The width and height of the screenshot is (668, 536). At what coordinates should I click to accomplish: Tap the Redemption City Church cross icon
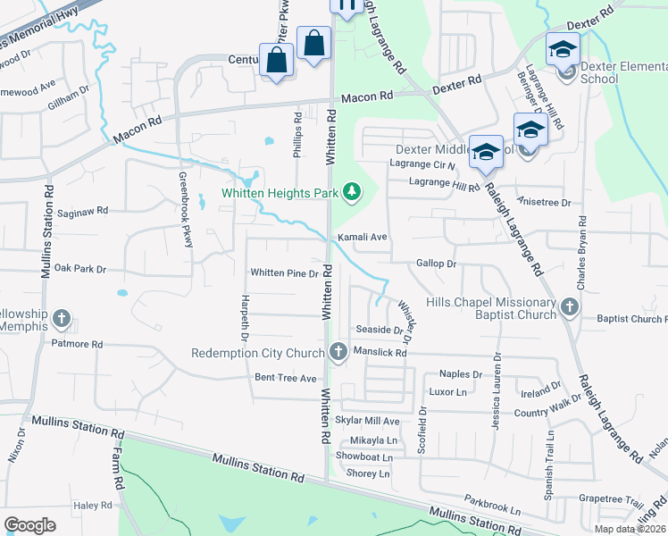click(x=338, y=352)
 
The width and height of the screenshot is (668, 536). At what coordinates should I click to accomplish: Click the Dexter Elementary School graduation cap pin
click(x=563, y=49)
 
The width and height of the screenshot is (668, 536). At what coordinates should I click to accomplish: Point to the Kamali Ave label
click(x=362, y=237)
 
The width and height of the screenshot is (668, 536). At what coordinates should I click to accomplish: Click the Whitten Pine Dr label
click(x=284, y=273)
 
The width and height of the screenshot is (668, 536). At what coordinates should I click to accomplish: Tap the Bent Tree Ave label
click(x=286, y=379)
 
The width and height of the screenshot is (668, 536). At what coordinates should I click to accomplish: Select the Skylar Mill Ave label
click(x=367, y=420)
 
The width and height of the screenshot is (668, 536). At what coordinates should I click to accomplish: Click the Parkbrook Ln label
click(x=492, y=511)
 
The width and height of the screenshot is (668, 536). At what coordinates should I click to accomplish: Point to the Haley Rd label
click(x=91, y=506)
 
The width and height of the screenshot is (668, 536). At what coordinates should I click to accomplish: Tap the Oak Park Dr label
click(x=79, y=268)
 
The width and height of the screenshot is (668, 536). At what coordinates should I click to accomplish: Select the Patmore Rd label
click(x=77, y=343)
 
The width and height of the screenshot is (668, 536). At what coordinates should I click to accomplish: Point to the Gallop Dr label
click(x=436, y=264)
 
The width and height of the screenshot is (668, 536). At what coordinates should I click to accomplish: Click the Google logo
click(x=30, y=525)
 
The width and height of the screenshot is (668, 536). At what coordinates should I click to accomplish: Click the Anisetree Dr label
click(x=543, y=203)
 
